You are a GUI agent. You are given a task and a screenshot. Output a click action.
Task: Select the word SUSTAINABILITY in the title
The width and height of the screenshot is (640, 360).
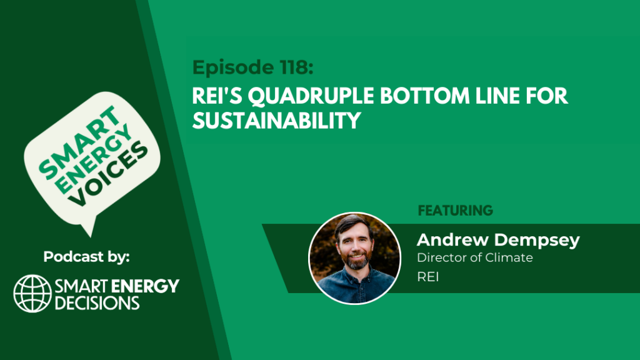tap(277, 121)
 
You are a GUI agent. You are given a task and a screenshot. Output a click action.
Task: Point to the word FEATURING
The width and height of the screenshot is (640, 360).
tap(456, 211)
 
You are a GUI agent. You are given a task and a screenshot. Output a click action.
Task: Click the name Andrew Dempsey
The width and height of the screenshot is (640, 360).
tap(498, 241)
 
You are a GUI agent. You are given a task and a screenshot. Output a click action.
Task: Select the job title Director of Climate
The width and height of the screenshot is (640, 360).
tap(475, 257)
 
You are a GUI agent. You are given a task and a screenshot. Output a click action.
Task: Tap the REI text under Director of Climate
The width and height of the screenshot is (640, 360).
tap(427, 277)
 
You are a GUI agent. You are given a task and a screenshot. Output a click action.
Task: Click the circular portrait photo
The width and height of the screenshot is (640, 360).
tap(355, 258)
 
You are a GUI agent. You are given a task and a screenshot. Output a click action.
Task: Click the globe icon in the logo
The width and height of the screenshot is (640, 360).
tap(32, 293)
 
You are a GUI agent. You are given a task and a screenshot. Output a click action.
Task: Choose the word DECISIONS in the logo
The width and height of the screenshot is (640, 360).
tap(97, 303)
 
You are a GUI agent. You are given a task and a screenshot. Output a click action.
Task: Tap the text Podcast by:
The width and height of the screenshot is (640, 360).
tap(86, 257)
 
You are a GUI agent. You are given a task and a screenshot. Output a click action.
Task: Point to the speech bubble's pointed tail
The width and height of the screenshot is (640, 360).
tap(89, 226)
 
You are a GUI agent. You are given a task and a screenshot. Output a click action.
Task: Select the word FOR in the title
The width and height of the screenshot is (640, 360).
tap(547, 96)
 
